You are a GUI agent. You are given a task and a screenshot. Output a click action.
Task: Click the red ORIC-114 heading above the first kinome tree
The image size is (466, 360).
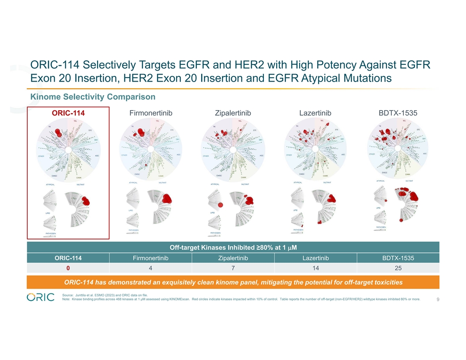coord(68,113)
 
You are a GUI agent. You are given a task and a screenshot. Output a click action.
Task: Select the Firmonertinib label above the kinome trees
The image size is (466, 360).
coord(150,113)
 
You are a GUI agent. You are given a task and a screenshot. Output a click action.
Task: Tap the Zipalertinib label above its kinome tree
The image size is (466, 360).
coord(233,113)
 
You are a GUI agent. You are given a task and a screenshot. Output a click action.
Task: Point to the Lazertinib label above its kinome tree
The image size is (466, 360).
coord(315,113)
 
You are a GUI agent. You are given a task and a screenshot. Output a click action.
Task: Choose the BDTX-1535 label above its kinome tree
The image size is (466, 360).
coord(398,113)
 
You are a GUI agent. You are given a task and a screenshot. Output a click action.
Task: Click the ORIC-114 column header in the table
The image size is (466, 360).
coord(68,258)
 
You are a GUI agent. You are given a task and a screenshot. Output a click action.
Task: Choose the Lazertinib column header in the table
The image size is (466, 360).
coord(315,258)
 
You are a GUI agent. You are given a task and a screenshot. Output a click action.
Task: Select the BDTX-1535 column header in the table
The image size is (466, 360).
coord(398,258)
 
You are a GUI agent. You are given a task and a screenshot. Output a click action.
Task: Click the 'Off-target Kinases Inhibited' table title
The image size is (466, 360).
coord(233,247)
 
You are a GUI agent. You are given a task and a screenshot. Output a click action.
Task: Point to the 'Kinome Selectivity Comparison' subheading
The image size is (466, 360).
coord(92,97)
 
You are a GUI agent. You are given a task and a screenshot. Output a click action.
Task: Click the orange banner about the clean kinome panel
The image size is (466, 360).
coord(233,282)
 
